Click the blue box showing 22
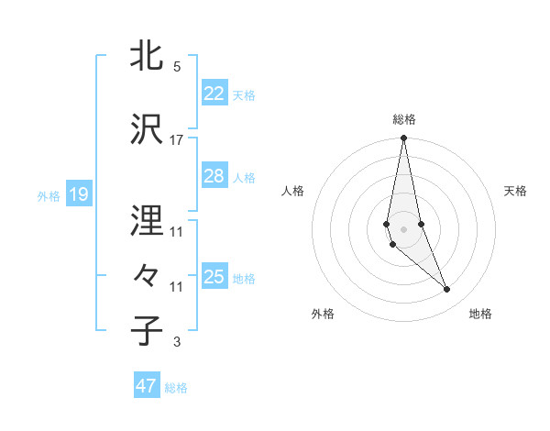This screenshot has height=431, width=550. click(x=214, y=93)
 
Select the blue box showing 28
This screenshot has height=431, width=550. click(x=214, y=176)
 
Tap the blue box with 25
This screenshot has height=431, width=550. click(x=214, y=277)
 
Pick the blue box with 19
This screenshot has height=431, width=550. click(x=78, y=193)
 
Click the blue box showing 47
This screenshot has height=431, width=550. click(x=147, y=386)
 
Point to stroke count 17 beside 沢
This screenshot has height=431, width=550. click(x=176, y=140)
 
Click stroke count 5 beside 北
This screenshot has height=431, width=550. click(x=177, y=67)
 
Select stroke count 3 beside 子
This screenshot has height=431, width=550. click(x=176, y=343)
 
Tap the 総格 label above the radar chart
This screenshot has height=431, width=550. click(x=404, y=119)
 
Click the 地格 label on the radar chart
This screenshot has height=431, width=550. click(x=480, y=315)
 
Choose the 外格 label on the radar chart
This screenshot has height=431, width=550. click(x=323, y=315)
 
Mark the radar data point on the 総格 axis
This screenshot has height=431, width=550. click(x=403, y=138)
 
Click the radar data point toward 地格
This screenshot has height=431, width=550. click(x=447, y=290)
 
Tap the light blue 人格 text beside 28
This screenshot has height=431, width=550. click(x=244, y=177)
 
